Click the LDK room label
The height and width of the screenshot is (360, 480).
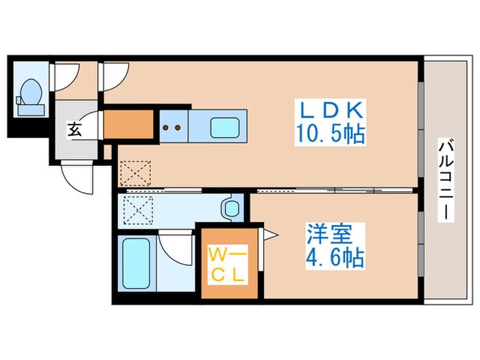tap(330, 110)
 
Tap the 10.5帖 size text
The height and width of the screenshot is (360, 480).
tap(330, 132)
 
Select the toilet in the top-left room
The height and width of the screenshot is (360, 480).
tap(30, 95)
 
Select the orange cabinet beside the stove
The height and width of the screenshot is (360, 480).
tap(129, 124)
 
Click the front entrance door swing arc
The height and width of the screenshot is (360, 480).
tap(75, 178)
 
